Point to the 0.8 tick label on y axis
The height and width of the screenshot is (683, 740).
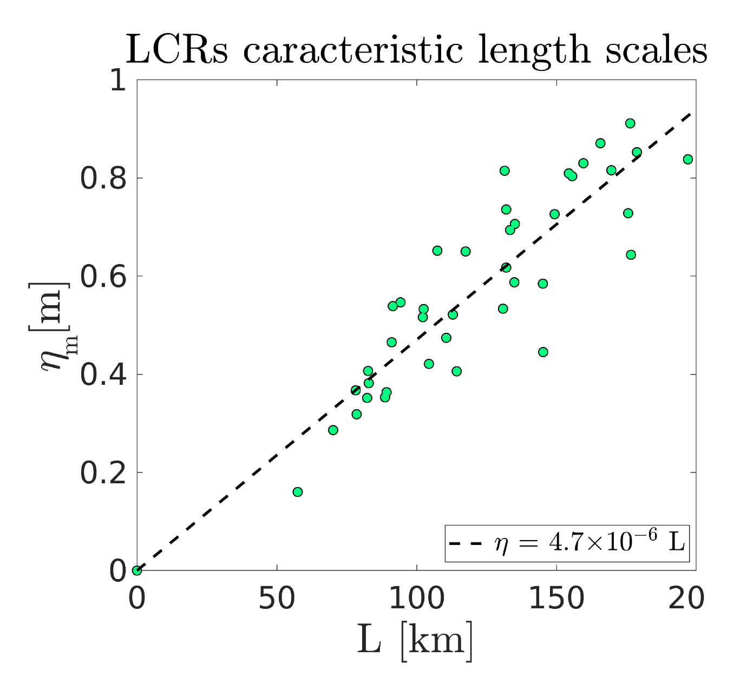(x=103, y=179)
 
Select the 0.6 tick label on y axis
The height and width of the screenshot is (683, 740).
(x=103, y=277)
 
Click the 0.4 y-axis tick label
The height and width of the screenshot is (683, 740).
(x=103, y=375)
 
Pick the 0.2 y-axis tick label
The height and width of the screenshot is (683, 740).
(x=103, y=472)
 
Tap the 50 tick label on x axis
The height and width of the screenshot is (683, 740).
(x=277, y=599)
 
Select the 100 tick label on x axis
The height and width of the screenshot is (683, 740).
(x=416, y=599)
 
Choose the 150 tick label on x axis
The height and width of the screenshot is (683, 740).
(x=556, y=599)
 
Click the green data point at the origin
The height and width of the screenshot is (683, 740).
(x=137, y=570)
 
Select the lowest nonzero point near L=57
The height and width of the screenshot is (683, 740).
(x=297, y=492)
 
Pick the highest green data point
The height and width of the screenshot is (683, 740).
(x=630, y=123)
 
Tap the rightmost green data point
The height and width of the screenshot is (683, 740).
(x=687, y=159)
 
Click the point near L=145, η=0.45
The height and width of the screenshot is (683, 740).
(x=543, y=352)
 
